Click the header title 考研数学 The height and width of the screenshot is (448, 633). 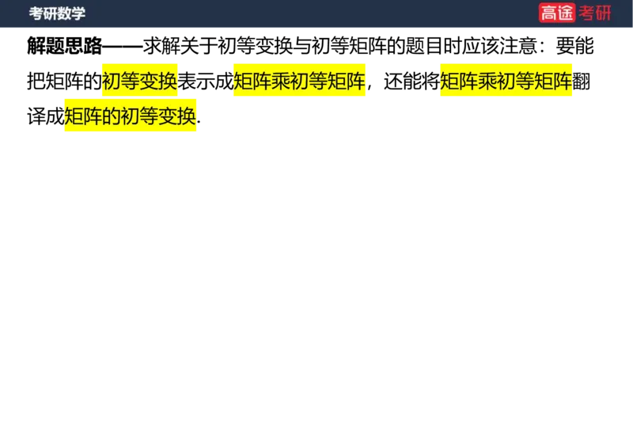click(57, 13)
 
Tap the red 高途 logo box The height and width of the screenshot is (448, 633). click(557, 13)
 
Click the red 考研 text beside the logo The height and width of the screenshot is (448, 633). click(595, 13)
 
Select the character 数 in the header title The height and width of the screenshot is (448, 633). click(64, 13)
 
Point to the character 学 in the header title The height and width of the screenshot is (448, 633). click(78, 13)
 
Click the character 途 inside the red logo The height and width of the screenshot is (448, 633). click(566, 13)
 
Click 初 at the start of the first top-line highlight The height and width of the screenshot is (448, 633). click(112, 82)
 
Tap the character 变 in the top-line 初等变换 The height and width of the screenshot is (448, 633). click(150, 82)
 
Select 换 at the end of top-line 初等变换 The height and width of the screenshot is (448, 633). click(169, 82)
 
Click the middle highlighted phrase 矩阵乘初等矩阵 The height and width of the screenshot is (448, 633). click(299, 82)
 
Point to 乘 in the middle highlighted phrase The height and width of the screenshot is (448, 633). click(280, 82)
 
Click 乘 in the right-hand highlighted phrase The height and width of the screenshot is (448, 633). click(487, 82)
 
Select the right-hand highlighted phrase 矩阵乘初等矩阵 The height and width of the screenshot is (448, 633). click(506, 82)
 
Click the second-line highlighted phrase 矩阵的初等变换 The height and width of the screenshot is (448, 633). click(131, 116)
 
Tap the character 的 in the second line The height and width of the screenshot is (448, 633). click(112, 116)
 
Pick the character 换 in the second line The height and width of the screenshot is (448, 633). click(188, 116)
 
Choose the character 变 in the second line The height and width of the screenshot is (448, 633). click(169, 116)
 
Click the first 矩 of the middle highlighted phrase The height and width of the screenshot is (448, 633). click(242, 82)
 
